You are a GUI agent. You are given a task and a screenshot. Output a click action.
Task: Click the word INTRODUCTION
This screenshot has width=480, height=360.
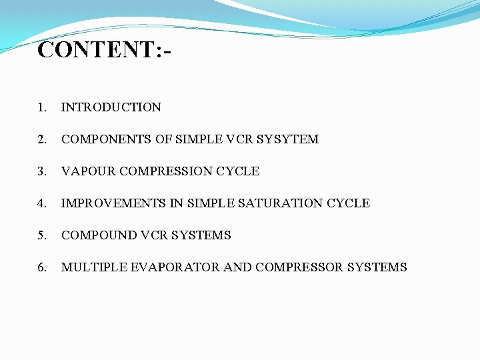pos(111,107)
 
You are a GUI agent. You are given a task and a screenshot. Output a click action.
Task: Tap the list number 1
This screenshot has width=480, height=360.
pos(41,107)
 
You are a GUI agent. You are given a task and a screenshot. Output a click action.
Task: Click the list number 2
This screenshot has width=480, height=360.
pos(41,139)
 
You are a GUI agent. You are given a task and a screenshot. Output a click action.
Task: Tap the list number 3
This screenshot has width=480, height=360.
pos(41,171)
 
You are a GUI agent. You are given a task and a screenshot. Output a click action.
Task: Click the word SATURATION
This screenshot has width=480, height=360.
pos(285,203)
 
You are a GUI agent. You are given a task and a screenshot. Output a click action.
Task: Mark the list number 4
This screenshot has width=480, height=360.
pos(41,203)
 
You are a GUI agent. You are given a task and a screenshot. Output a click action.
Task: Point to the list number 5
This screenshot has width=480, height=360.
pos(41,235)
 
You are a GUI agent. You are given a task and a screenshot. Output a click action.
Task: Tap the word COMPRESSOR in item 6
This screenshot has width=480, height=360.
pos(298,267)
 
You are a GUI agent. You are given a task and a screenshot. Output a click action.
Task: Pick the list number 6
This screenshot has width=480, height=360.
pos(41,267)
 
